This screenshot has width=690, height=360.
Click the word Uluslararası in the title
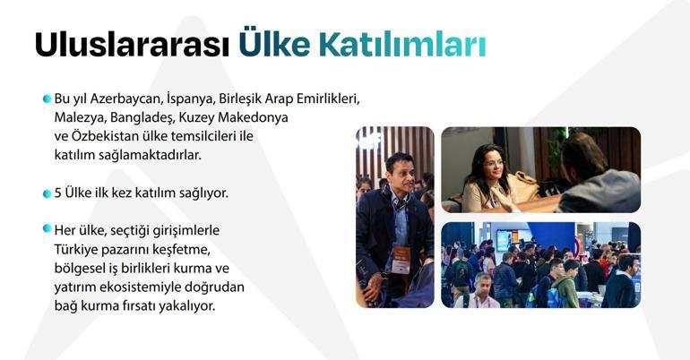pyautogui.click(x=132, y=45)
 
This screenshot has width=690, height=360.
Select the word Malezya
pyautogui.click(x=78, y=117)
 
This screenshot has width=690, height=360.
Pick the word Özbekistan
pyautogui.click(x=114, y=136)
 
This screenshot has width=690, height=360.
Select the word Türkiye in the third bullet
pyautogui.click(x=75, y=249)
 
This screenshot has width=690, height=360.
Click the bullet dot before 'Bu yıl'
pyautogui.click(x=47, y=99)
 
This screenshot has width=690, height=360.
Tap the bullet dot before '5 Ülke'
pyautogui.click(x=47, y=193)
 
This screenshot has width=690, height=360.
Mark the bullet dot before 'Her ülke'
pyautogui.click(x=47, y=230)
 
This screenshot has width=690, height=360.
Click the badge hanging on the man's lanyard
pyautogui.click(x=401, y=257)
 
